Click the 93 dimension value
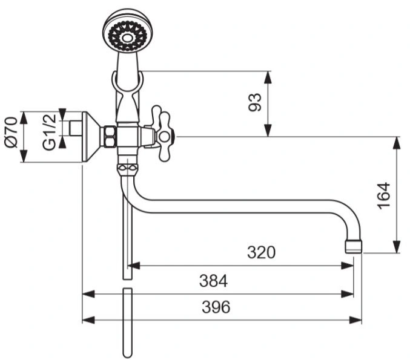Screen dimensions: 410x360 pyautogui.click(x=255, y=102)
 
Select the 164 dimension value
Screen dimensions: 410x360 pyautogui.click(x=384, y=195)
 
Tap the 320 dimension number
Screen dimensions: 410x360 pyautogui.click(x=261, y=252)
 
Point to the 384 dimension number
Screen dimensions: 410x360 pyautogui.click(x=213, y=281)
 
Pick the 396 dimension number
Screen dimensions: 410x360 pyautogui.click(x=216, y=307)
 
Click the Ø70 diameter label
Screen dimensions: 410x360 pyautogui.click(x=12, y=133)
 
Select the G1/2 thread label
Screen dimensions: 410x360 pyautogui.click(x=49, y=132)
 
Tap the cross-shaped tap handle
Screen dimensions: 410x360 pyautogui.click(x=162, y=133)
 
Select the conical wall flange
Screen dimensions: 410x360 pyautogui.click(x=92, y=137)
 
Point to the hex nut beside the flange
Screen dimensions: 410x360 pyautogui.click(x=110, y=136)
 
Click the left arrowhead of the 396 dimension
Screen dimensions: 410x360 pyautogui.click(x=88, y=320)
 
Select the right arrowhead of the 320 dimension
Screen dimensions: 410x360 pyautogui.click(x=348, y=266)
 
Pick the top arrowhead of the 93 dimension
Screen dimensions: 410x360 pyautogui.click(x=268, y=77)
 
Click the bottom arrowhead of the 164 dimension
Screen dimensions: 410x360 pyautogui.click(x=397, y=247)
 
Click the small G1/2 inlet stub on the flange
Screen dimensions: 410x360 pyautogui.click(x=76, y=128)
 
